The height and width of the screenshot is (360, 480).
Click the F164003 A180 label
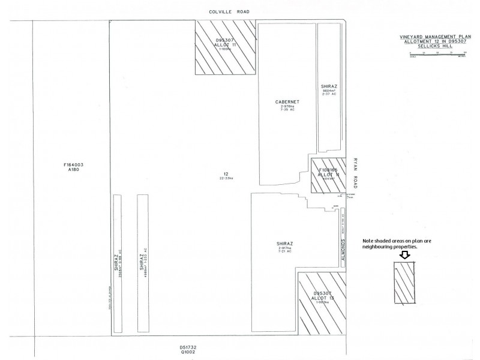71,167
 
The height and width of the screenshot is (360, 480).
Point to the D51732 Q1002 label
188,349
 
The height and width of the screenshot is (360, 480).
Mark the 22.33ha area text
226,178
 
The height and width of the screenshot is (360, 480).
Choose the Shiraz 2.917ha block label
284,247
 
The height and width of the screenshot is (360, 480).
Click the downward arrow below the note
404,255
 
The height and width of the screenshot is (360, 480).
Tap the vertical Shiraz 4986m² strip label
142,262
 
